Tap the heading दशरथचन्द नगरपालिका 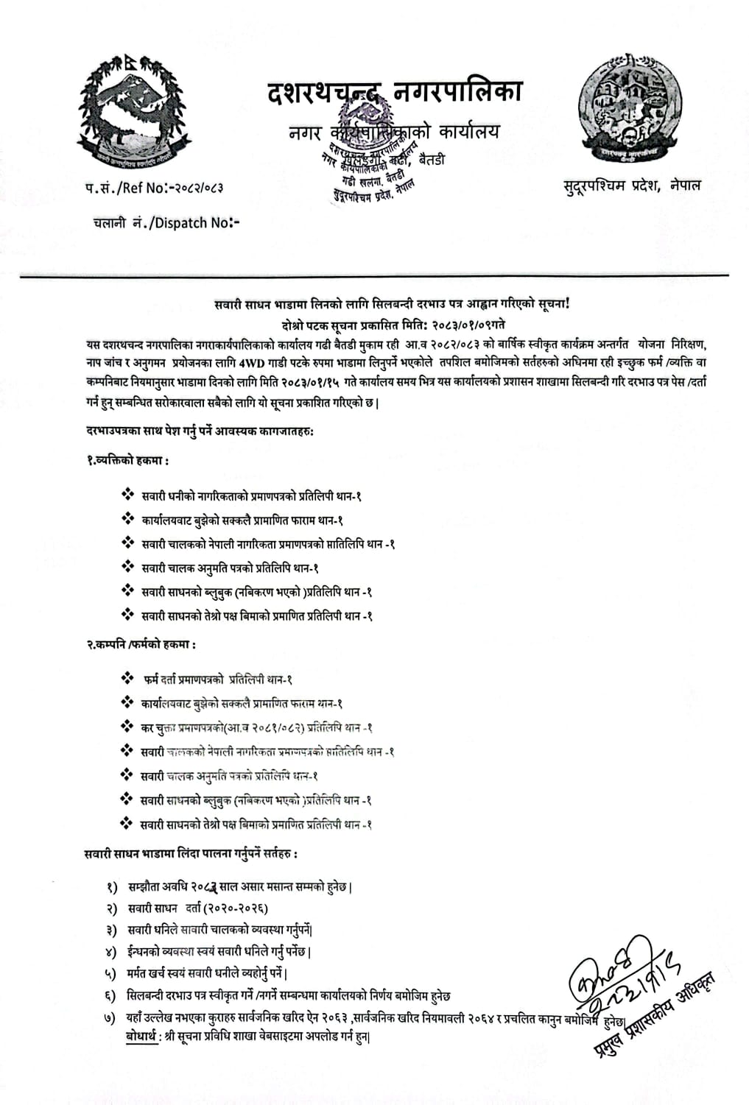394,93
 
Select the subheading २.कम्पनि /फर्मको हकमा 141,644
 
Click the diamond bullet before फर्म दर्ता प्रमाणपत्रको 127,678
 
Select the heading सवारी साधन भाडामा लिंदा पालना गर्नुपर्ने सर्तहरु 191,854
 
